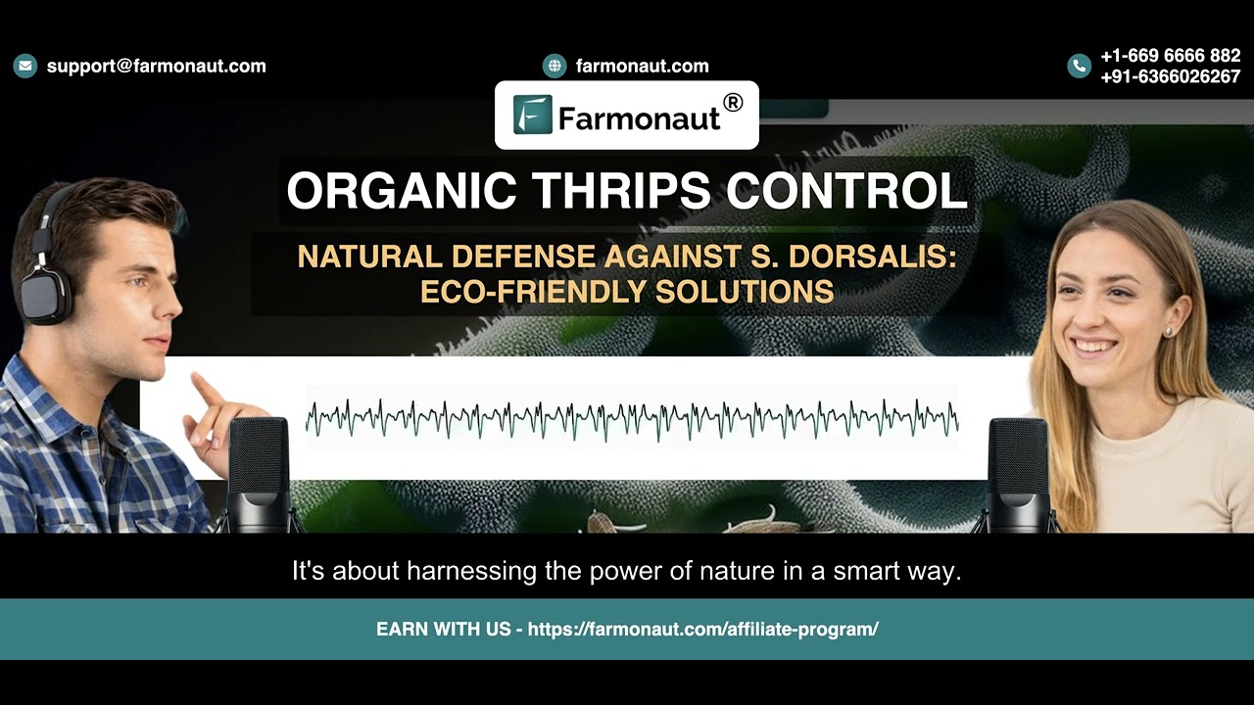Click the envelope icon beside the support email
(24, 66)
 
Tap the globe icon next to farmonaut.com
(555, 66)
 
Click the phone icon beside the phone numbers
(1079, 66)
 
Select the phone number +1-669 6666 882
(1170, 56)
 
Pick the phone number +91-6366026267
(1170, 76)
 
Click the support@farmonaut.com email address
(157, 66)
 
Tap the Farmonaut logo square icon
(532, 115)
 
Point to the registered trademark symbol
(732, 102)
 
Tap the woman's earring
(1167, 331)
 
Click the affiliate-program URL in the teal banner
(702, 629)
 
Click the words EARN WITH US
(444, 629)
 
